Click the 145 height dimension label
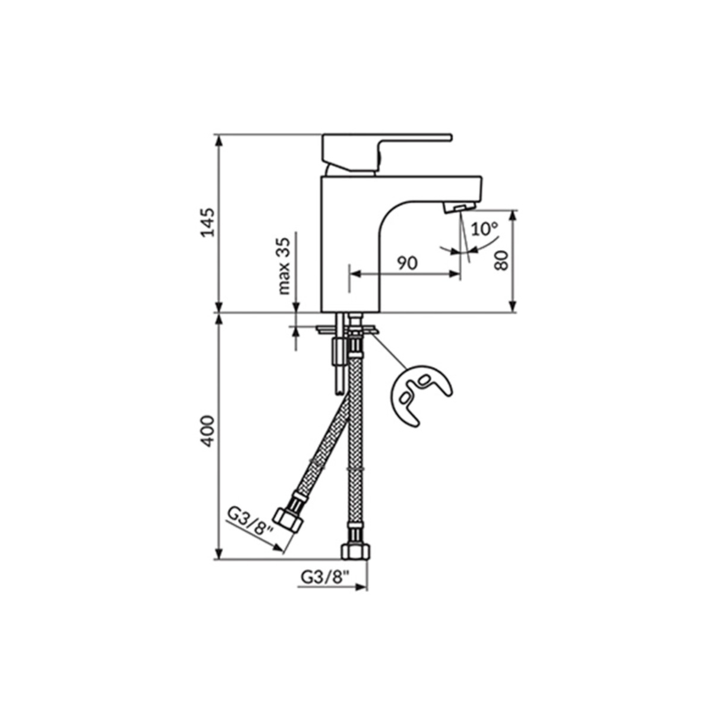(207, 222)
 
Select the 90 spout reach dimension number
(408, 263)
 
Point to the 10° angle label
(485, 229)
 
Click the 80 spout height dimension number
(502, 260)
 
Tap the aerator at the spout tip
(459, 208)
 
